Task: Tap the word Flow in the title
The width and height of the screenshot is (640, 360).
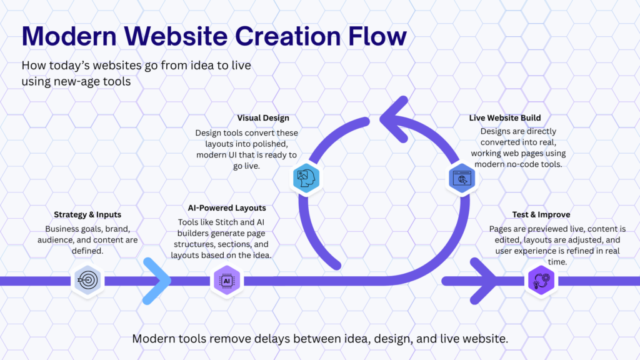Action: tap(377, 36)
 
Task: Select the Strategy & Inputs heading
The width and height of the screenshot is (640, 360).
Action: tap(87, 215)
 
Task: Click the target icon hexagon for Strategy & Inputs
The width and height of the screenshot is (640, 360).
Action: tap(87, 281)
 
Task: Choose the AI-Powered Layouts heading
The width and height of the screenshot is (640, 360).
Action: tap(226, 207)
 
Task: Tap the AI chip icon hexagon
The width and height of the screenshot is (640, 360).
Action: tap(226, 281)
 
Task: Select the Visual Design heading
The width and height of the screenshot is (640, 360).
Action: tap(263, 118)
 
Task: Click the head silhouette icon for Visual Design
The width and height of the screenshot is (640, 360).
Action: tap(306, 178)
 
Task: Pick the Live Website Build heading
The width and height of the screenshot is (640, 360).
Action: tap(505, 118)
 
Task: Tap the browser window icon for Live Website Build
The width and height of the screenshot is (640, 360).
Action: tap(462, 178)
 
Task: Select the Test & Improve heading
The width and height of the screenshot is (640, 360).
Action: tap(541, 215)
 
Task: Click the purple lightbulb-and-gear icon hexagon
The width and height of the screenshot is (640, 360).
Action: tap(541, 281)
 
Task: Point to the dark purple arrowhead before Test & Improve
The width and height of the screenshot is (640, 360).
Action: tap(484, 281)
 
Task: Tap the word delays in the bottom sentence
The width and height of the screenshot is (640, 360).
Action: tap(272, 339)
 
